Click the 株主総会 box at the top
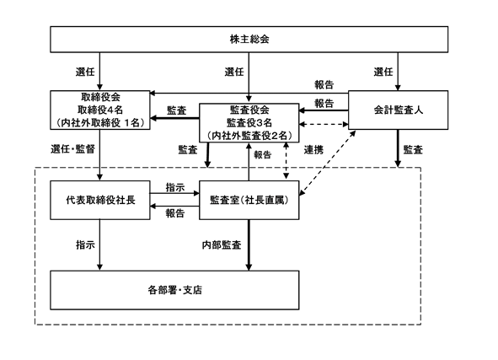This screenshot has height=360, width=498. click(x=249, y=40)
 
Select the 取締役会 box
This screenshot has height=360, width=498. click(x=100, y=110)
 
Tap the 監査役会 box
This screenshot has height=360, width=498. click(x=249, y=122)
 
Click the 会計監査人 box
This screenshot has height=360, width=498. click(x=399, y=110)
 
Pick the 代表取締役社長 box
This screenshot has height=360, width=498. click(x=100, y=200)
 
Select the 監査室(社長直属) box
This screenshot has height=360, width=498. click(x=249, y=200)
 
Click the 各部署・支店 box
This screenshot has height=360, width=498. click(x=174, y=290)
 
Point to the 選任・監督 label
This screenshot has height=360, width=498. click(x=72, y=149)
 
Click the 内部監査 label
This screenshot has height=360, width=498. click(x=222, y=245)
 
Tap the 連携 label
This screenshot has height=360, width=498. click(x=313, y=150)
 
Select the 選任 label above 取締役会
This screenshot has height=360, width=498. click(x=85, y=72)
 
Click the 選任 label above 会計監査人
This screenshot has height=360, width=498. click(x=383, y=72)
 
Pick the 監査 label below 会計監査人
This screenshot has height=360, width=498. click(x=413, y=150)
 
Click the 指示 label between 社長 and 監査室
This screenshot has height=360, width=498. click(x=175, y=187)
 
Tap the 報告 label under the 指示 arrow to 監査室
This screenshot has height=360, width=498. click(x=175, y=213)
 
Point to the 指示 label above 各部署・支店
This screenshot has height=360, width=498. click(x=85, y=245)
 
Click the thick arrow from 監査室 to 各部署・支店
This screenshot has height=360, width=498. click(x=249, y=245)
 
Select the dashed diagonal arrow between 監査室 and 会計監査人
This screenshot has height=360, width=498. click(x=328, y=162)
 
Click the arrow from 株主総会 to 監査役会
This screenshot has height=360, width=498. click(x=249, y=78)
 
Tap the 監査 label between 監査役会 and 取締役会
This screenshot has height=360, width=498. click(x=177, y=110)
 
